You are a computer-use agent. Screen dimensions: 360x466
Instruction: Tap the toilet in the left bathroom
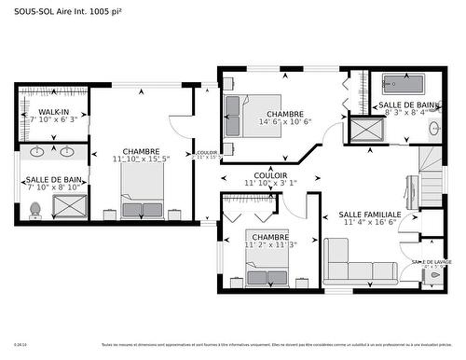34,211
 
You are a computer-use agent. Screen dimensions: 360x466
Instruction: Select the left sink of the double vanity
38,151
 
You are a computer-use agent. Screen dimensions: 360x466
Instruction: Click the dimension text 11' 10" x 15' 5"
141,159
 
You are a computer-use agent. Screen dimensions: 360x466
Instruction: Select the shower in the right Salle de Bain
363,130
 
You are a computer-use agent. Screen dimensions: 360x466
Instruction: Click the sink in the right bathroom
434,128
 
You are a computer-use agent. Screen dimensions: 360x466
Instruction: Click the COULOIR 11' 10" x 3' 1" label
270,179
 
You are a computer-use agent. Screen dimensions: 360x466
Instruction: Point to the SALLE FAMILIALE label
371,214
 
